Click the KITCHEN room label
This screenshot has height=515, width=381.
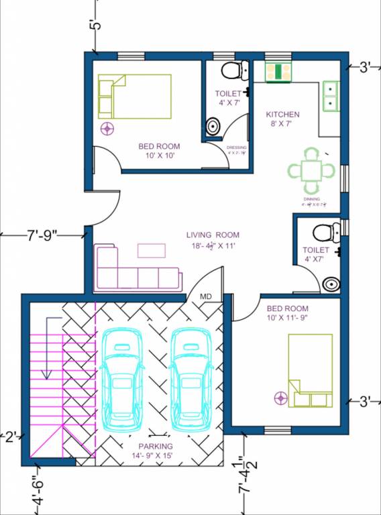pos(282,115)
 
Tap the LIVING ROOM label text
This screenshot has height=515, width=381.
pos(213,235)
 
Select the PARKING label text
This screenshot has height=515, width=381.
pos(156,446)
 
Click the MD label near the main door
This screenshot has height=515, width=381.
pos(206,296)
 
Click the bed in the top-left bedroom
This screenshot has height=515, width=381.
pos(134,96)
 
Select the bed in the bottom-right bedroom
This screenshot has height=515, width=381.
pos(310,370)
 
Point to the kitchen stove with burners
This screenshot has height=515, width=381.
pos(278,72)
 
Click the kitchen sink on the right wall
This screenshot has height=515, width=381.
pos(330,95)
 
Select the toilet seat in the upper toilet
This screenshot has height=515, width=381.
pos(231,69)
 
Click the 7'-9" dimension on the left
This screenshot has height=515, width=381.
pos(42,235)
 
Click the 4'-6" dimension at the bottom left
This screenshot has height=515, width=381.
pos(39,490)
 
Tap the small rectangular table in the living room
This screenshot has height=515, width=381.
pos(152,250)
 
